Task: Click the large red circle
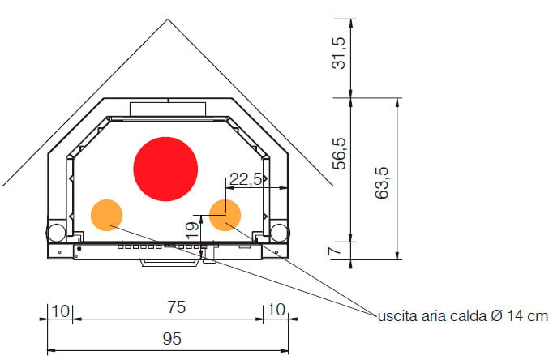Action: [165, 169]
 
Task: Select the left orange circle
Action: [106, 215]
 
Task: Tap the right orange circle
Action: [225, 215]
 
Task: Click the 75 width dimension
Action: [177, 307]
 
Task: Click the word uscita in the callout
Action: [395, 315]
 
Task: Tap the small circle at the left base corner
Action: [57, 233]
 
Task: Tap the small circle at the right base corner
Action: [278, 233]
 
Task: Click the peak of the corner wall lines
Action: [168, 18]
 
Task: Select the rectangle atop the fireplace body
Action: [168, 108]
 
